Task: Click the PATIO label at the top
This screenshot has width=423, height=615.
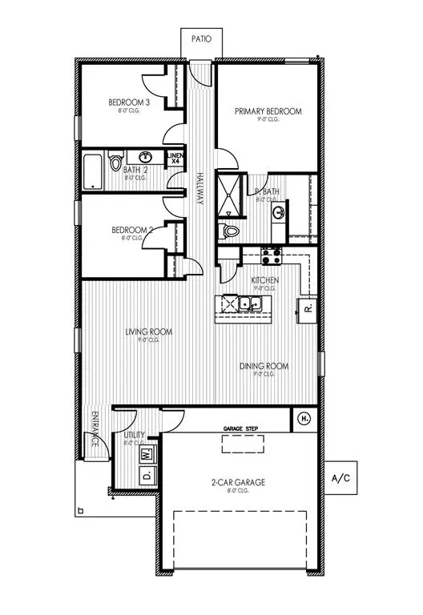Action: pyautogui.click(x=200, y=38)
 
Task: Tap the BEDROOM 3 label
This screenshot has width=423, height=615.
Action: pyautogui.click(x=129, y=102)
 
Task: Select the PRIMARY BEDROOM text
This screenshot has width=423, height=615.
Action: pyautogui.click(x=268, y=111)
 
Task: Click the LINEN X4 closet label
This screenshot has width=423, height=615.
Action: pyautogui.click(x=175, y=159)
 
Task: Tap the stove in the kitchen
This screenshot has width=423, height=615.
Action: pyautogui.click(x=270, y=256)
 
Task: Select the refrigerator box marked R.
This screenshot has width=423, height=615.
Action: pyautogui.click(x=307, y=307)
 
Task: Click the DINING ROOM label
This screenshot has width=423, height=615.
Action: pyautogui.click(x=264, y=366)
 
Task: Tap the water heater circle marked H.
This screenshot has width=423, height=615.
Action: pyautogui.click(x=304, y=418)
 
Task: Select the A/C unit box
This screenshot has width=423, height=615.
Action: pyautogui.click(x=341, y=479)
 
